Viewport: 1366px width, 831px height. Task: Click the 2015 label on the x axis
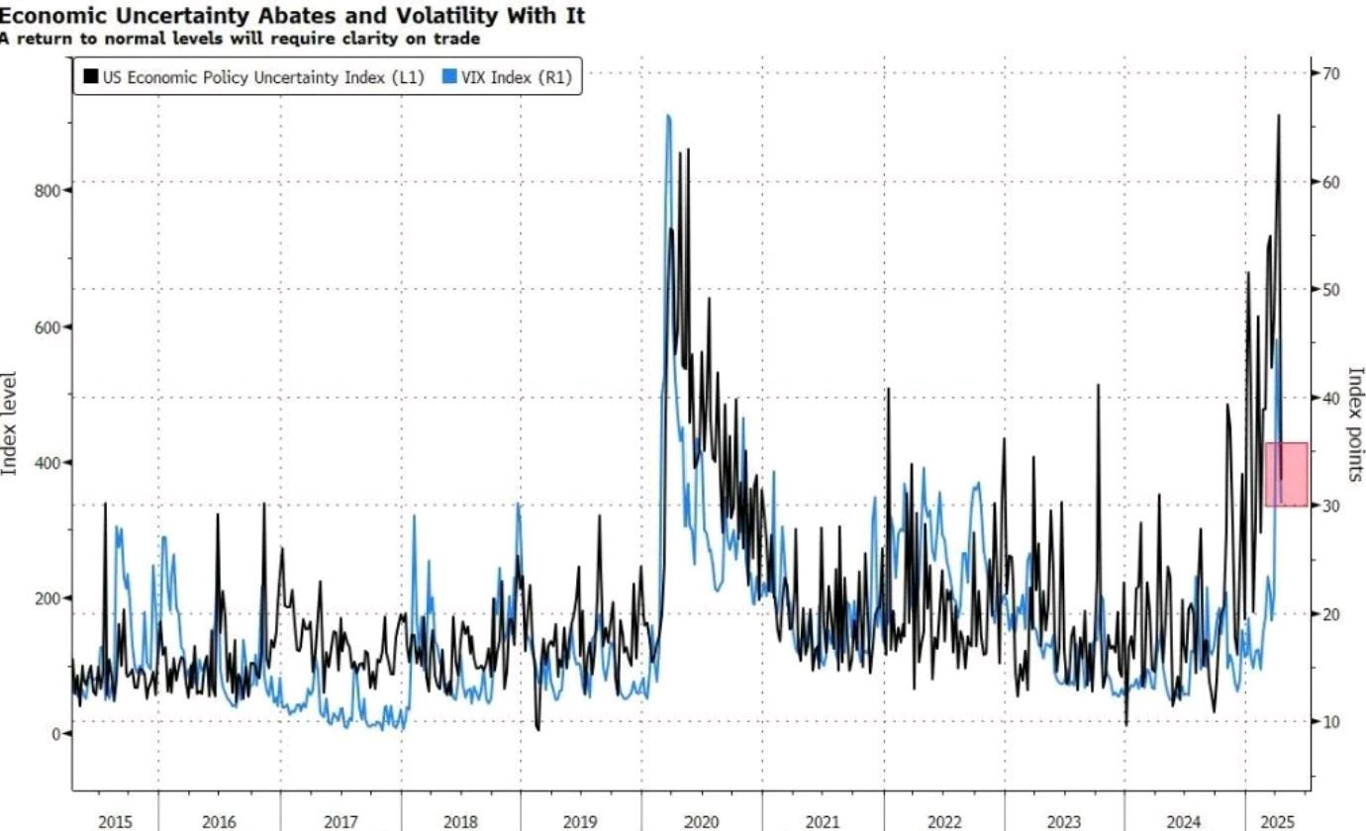(x=115, y=822)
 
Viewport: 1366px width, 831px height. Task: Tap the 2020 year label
(x=701, y=822)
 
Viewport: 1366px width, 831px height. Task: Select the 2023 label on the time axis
(x=1063, y=822)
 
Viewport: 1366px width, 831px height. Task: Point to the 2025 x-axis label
(x=1277, y=822)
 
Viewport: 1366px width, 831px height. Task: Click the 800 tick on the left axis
(x=48, y=191)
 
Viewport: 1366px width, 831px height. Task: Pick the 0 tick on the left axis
(x=56, y=734)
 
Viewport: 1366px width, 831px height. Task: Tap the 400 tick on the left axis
(x=48, y=463)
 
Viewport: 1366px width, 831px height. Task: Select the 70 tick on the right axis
(x=1331, y=74)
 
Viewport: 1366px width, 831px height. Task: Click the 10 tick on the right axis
(x=1331, y=722)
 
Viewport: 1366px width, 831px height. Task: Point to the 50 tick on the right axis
(x=1331, y=290)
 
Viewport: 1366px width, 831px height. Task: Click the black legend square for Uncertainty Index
(x=91, y=76)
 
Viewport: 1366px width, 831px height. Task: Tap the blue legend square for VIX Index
(x=449, y=76)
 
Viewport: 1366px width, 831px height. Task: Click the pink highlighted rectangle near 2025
(x=1287, y=474)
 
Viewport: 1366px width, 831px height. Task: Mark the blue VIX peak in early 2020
(x=668, y=116)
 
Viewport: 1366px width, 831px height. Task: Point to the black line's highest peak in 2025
(x=1279, y=115)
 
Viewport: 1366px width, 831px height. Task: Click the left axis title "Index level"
(x=9, y=423)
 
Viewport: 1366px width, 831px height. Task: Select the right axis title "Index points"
(x=1355, y=424)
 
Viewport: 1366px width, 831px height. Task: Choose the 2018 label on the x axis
(x=460, y=822)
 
